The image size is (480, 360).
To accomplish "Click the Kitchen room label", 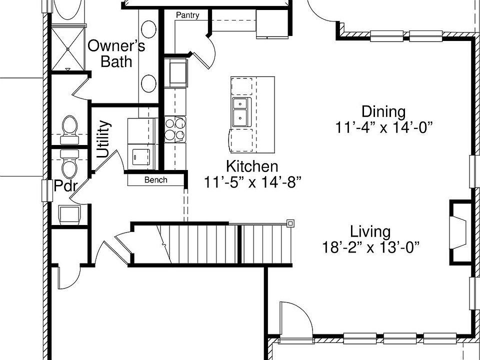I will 252,166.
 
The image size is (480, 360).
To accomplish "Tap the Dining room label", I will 383,111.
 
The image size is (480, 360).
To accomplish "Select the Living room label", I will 370,232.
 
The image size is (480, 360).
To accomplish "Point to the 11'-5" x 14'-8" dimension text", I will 252,182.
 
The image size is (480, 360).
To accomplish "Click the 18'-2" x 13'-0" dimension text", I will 370,247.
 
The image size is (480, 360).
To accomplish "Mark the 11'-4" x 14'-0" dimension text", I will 383,127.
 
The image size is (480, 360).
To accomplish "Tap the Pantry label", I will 187,15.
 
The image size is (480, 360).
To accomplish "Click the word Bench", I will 155,180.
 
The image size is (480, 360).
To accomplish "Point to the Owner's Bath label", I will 116,53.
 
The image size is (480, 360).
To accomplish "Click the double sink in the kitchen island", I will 241,112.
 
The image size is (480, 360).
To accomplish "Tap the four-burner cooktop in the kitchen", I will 175,128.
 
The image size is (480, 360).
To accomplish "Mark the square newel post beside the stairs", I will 290,223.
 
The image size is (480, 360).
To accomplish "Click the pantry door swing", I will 206,47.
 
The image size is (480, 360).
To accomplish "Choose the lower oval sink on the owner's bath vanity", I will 148,83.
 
